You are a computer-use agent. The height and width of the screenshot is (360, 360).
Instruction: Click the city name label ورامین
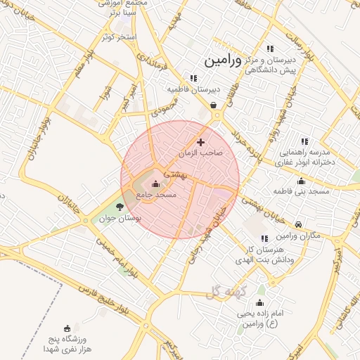pyautogui.click(x=223, y=61)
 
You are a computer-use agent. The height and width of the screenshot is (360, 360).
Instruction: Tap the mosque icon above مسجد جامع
pyautogui.click(x=155, y=184)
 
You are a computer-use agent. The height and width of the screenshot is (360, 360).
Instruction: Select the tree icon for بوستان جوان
pyautogui.click(x=119, y=207)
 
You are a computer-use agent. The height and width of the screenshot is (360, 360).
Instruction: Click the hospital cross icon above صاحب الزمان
pyautogui.click(x=200, y=142)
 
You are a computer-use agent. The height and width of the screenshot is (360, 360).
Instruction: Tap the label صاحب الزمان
pyautogui.click(x=200, y=153)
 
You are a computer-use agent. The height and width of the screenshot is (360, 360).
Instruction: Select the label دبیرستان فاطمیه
pyautogui.click(x=193, y=89)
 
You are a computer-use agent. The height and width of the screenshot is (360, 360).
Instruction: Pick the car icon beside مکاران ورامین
pyautogui.click(x=300, y=224)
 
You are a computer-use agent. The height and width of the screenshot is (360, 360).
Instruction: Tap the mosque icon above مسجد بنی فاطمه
pyautogui.click(x=301, y=181)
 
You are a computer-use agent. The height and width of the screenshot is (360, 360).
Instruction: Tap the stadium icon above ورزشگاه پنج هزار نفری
pyautogui.click(x=67, y=328)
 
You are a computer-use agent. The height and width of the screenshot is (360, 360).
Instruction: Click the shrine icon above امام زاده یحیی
pyautogui.click(x=259, y=302)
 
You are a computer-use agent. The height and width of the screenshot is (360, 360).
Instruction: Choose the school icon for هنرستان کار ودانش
pyautogui.click(x=264, y=239)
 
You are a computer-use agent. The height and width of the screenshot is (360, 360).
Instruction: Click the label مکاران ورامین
pyautogui.click(x=300, y=236)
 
